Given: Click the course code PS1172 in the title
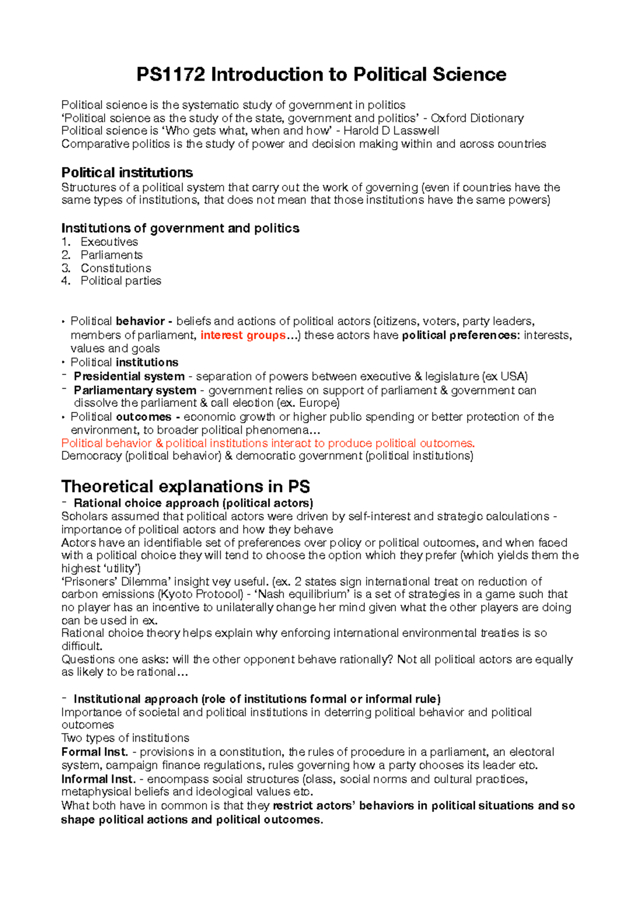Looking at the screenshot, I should point(170,74).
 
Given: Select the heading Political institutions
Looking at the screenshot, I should point(127,173).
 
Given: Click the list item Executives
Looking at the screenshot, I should point(109,242).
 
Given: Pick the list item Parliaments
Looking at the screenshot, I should point(111,255).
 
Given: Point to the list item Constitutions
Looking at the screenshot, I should point(116,268).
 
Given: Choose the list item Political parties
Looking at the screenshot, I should point(121,281).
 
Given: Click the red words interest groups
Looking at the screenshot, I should point(243,336).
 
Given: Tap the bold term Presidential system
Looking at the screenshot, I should point(129,376).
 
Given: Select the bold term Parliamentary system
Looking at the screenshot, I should point(135,390).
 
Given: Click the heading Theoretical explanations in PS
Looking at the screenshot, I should point(185,486).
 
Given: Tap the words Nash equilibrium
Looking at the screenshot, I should point(304,594).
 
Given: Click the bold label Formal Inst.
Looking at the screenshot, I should point(95,752).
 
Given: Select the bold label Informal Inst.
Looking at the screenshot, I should point(99,779).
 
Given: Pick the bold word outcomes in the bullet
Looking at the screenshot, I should point(144,417).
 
